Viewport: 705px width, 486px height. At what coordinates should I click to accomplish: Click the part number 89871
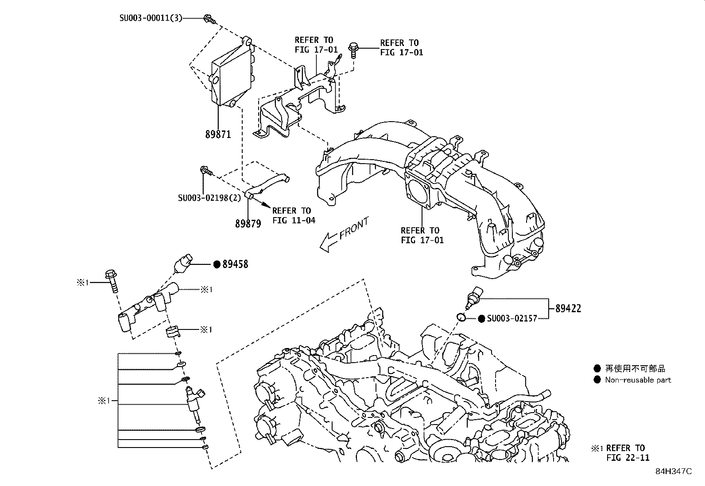click(218, 134)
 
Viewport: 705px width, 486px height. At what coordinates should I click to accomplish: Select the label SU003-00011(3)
click(151, 18)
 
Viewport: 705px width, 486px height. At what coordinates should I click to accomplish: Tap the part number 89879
click(248, 224)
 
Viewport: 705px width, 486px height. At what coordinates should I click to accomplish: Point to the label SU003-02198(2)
click(209, 198)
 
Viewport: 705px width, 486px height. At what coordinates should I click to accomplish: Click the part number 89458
click(235, 264)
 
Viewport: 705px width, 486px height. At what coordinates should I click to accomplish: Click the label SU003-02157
click(512, 318)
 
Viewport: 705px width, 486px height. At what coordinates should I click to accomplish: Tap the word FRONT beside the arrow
click(354, 228)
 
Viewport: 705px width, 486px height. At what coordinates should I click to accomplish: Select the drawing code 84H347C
click(674, 471)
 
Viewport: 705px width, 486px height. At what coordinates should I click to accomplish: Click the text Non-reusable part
click(638, 380)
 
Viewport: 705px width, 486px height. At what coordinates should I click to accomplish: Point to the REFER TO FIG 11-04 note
click(293, 215)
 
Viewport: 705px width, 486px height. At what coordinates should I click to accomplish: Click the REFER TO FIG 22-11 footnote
click(625, 452)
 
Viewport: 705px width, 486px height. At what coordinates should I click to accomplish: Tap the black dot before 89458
click(217, 264)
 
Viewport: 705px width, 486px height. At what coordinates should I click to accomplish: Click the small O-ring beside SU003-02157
click(461, 317)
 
